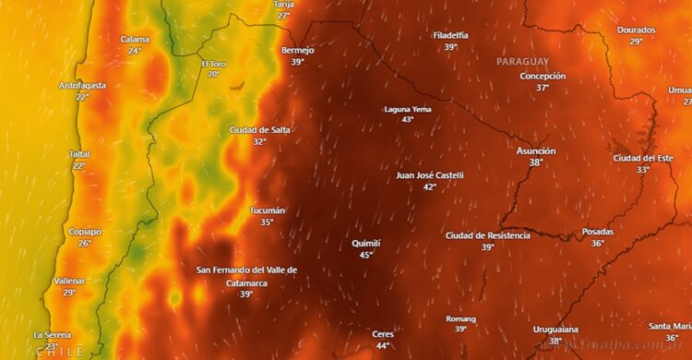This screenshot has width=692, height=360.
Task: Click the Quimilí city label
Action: point(366,243)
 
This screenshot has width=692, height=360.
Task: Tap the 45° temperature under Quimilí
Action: point(366,255)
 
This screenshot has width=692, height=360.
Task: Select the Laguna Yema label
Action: point(408,109)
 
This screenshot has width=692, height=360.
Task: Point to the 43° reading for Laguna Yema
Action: point(408,120)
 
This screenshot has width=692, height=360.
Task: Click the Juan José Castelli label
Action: point(430,174)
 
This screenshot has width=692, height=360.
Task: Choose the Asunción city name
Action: point(536,150)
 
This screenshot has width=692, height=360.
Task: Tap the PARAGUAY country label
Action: point(522,61)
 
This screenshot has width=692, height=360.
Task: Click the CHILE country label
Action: point(59,352)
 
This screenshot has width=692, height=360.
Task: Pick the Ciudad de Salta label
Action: point(259,130)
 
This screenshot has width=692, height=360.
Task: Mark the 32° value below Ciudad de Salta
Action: point(259,142)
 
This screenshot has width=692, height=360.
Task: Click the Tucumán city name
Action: point(267,210)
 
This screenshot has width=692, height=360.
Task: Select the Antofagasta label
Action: point(82,86)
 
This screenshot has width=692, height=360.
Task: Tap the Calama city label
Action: point(135,40)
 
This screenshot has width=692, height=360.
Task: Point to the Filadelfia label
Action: point(450,35)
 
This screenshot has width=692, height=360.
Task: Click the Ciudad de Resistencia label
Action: point(488,235)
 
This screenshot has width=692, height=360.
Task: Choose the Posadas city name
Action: point(598,232)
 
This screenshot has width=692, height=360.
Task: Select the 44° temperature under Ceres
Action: point(383,346)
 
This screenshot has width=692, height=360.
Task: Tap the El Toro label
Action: point(213,64)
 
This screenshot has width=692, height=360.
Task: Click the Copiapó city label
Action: point(84,232)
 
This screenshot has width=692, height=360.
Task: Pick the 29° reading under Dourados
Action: point(637,42)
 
